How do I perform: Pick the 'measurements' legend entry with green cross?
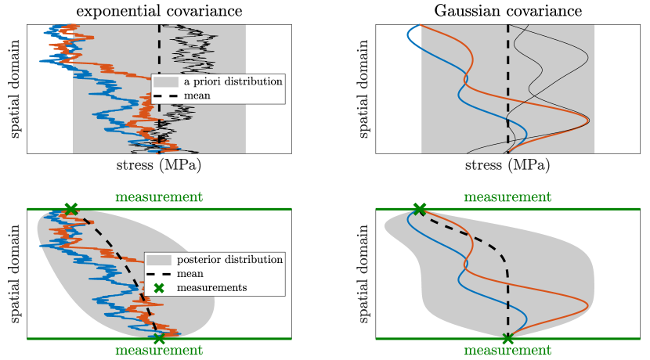pyautogui.click(x=210, y=287)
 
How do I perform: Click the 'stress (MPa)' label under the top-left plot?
pyautogui.click(x=159, y=166)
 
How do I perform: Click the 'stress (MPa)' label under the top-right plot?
pyautogui.click(x=507, y=166)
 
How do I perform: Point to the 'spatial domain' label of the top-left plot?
pyautogui.click(x=16, y=88)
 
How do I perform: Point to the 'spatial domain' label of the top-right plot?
pyautogui.click(x=365, y=88)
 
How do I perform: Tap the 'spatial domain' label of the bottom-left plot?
pyautogui.click(x=16, y=274)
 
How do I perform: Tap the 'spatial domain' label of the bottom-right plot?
pyautogui.click(x=365, y=274)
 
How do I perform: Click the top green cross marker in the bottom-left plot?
pyautogui.click(x=71, y=209)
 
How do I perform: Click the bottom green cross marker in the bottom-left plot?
pyautogui.click(x=159, y=338)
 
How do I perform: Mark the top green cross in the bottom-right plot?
pyautogui.click(x=420, y=209)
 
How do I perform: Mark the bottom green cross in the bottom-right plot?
pyautogui.click(x=507, y=338)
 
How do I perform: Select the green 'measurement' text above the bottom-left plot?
pyautogui.click(x=159, y=196)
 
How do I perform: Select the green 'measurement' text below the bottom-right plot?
pyautogui.click(x=507, y=351)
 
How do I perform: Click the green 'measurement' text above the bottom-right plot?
pyautogui.click(x=507, y=196)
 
